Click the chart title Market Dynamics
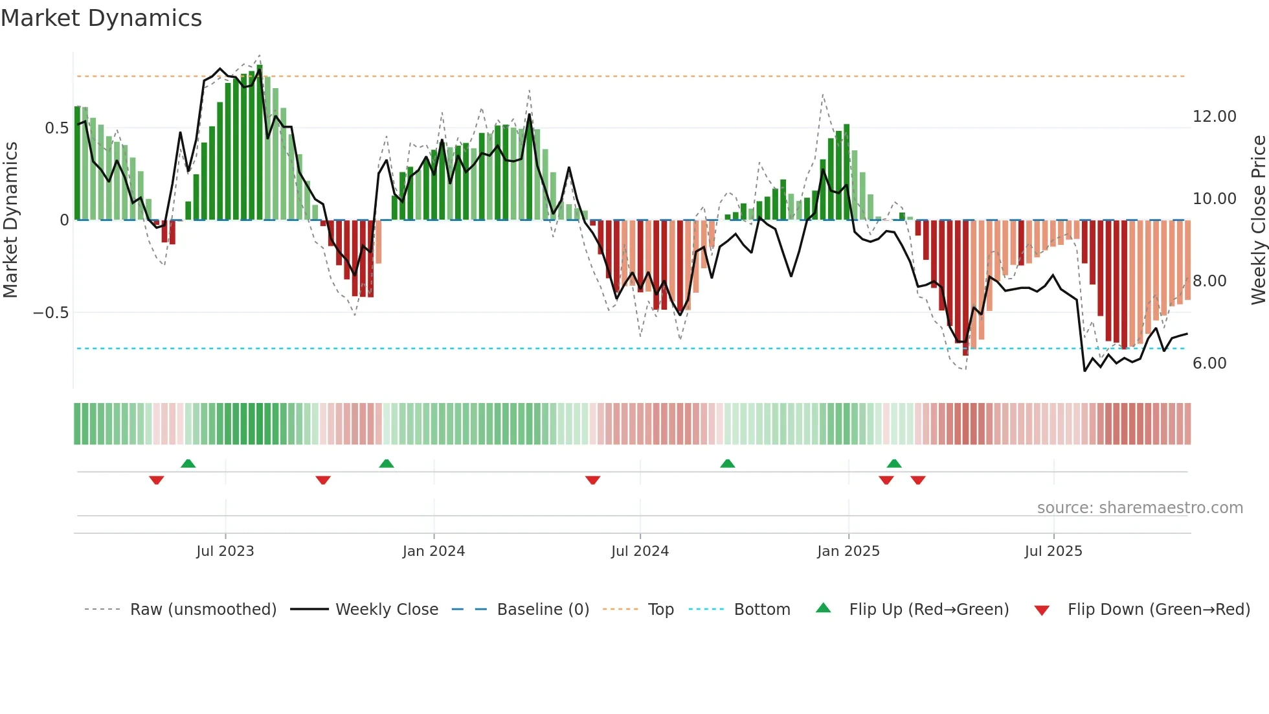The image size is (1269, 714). pyautogui.click(x=101, y=18)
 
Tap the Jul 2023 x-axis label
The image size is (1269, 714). pyautogui.click(x=225, y=551)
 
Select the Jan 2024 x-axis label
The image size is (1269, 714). pyautogui.click(x=433, y=551)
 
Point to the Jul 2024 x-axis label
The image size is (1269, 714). pyautogui.click(x=640, y=551)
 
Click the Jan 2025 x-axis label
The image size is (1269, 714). pyautogui.click(x=848, y=551)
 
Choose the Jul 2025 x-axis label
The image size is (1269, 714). pyautogui.click(x=1053, y=551)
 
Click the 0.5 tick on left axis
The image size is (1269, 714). pyautogui.click(x=57, y=128)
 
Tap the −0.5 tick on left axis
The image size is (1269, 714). pyautogui.click(x=51, y=313)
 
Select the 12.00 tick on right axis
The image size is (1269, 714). pyautogui.click(x=1214, y=117)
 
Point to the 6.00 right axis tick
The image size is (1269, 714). pyautogui.click(x=1209, y=363)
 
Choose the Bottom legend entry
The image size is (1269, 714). pyautogui.click(x=761, y=610)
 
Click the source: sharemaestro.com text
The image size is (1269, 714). pyautogui.click(x=1140, y=508)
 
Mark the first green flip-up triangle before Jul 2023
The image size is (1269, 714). pyautogui.click(x=188, y=463)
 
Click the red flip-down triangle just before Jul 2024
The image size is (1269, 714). pyautogui.click(x=592, y=480)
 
